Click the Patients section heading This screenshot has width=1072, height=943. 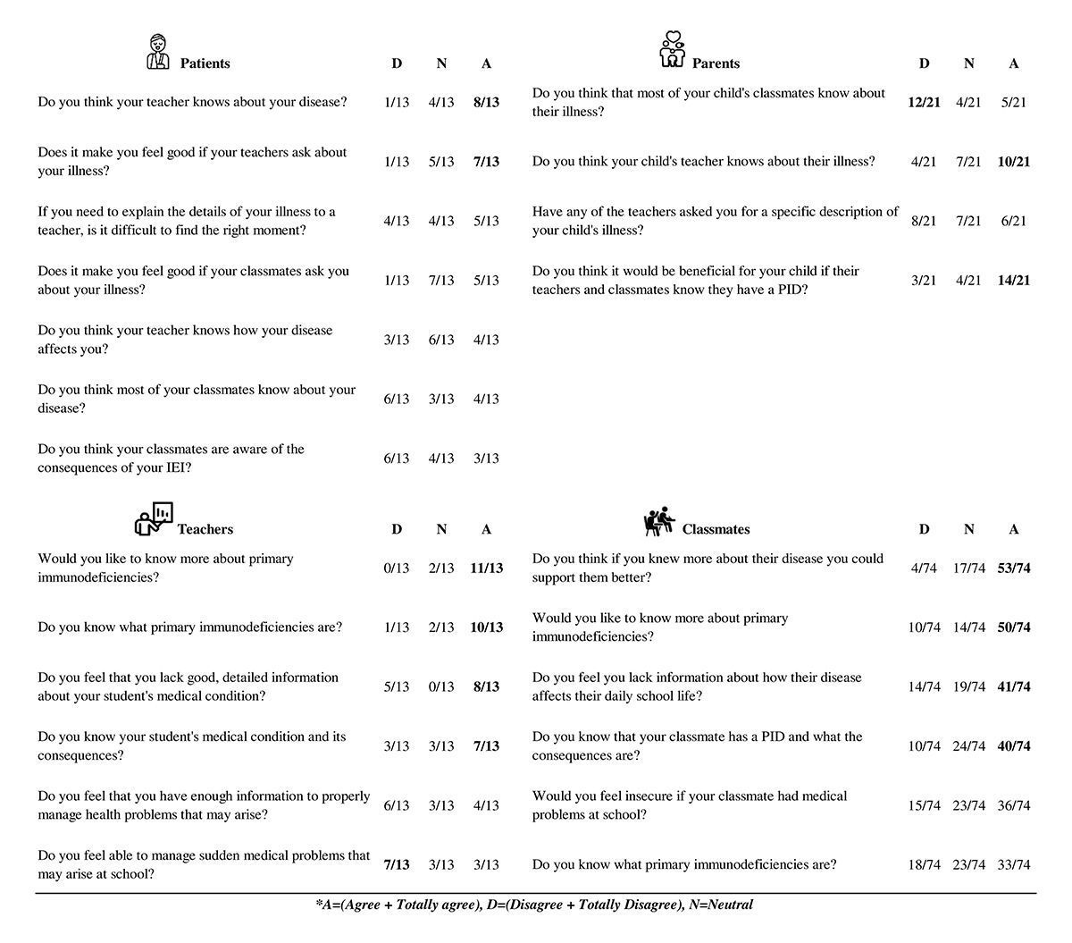click(x=205, y=63)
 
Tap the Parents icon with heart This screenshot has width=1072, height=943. click(x=672, y=50)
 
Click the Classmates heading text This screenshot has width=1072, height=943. click(x=716, y=529)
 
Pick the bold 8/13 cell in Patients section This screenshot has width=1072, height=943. click(x=486, y=103)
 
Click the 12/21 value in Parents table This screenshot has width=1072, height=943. click(x=924, y=103)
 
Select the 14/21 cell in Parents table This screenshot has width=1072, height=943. click(x=1013, y=281)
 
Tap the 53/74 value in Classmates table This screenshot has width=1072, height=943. click(x=1013, y=568)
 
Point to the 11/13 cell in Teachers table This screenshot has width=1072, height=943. click(x=486, y=568)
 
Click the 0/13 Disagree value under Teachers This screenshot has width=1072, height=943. click(x=397, y=568)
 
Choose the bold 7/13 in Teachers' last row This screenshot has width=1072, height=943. click(x=397, y=865)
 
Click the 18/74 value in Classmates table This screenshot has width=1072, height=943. click(x=924, y=865)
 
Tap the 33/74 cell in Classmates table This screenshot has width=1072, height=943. click(x=1013, y=865)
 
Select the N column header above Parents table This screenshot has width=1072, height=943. click(x=968, y=63)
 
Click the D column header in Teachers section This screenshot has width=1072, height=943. click(x=397, y=529)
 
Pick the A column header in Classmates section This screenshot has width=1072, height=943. click(x=1013, y=529)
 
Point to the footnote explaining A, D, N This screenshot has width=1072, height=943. click(x=534, y=905)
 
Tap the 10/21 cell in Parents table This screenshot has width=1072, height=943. click(x=1013, y=162)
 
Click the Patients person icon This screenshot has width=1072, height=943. click(x=157, y=52)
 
